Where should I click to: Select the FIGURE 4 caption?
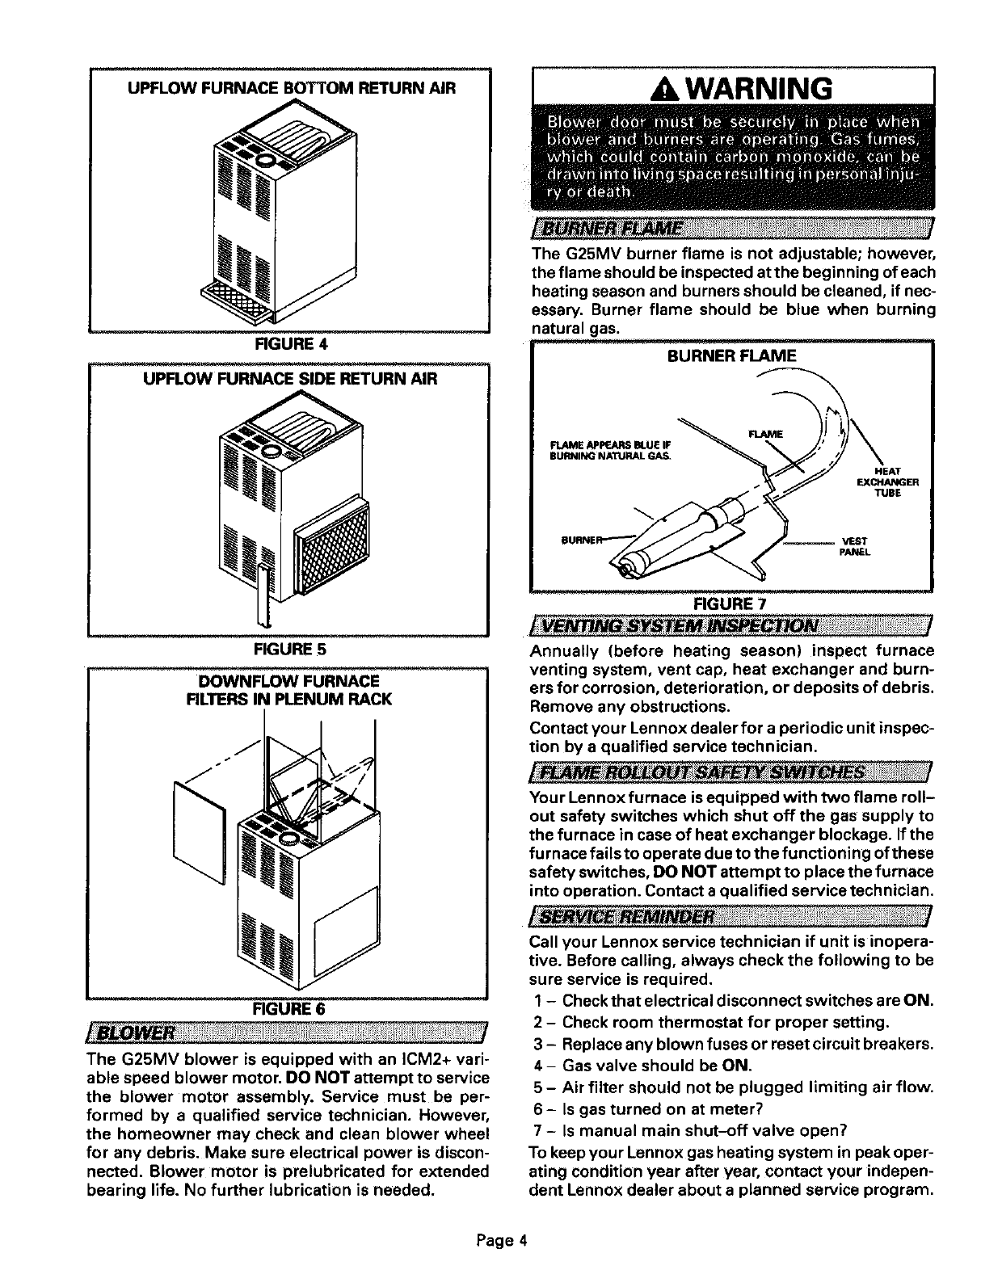(x=289, y=343)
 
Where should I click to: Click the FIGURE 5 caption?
(x=289, y=648)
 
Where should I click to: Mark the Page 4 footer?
(x=490, y=1238)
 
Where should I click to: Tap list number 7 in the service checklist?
(x=537, y=1129)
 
